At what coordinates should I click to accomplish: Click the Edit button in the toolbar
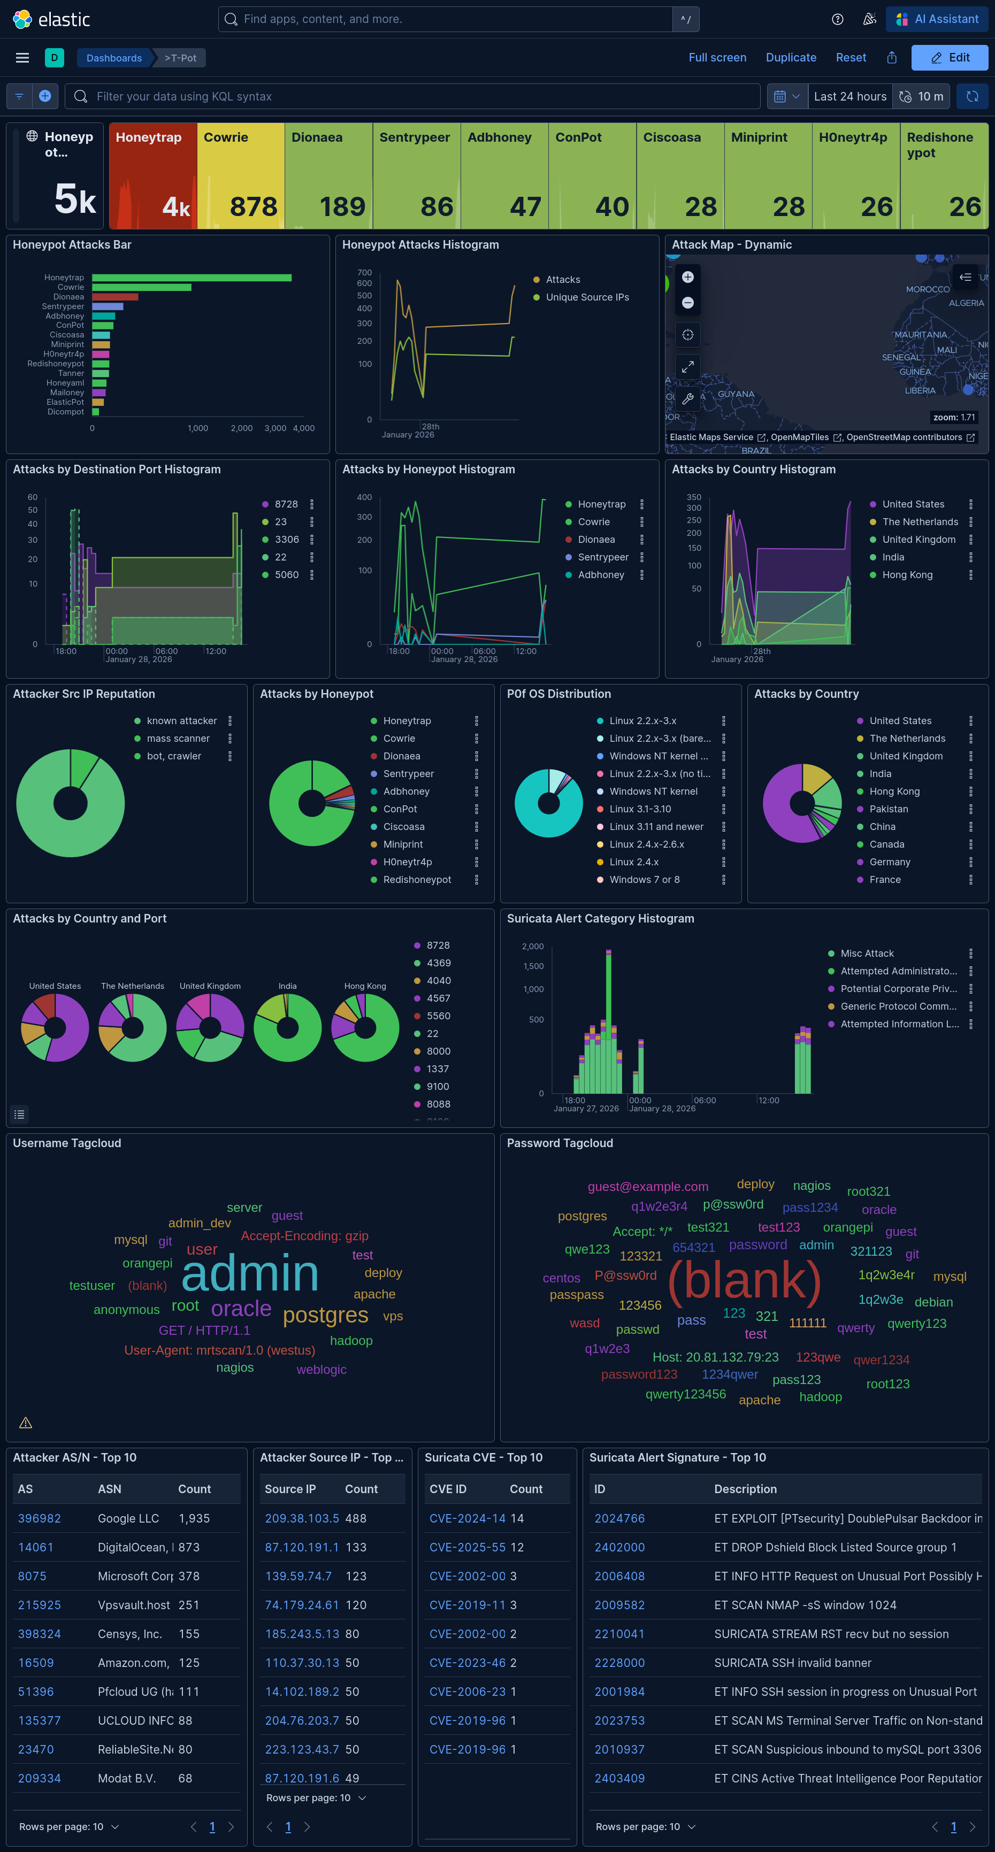(x=949, y=58)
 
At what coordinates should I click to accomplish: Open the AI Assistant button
(x=937, y=19)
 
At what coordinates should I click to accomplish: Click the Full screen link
(x=717, y=58)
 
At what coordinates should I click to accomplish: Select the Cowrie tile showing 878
(x=240, y=176)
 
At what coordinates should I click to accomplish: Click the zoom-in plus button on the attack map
(x=687, y=278)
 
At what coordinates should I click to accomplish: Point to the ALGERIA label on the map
(x=966, y=303)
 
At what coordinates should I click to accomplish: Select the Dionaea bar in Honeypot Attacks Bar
(x=115, y=297)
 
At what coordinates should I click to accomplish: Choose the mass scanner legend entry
(x=178, y=739)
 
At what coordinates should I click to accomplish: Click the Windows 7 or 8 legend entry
(x=644, y=880)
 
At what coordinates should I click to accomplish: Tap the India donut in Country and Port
(x=288, y=1028)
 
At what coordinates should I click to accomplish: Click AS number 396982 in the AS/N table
(x=40, y=1518)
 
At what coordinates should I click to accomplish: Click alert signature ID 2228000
(x=619, y=1663)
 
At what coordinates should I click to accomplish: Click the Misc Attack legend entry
(x=866, y=954)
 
